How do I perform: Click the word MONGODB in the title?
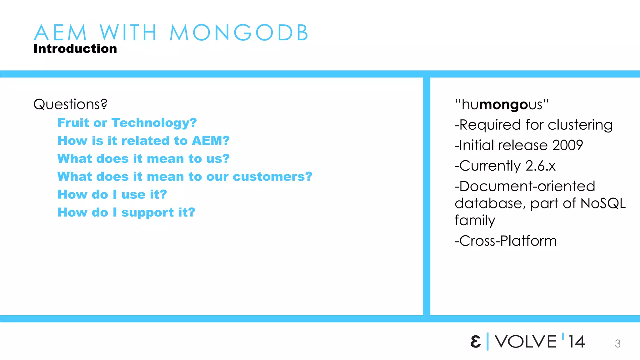[x=239, y=32]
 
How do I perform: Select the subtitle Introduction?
[x=75, y=49]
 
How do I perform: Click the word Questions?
[x=70, y=104]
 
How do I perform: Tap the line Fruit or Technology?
[x=127, y=123]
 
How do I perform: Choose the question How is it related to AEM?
[x=143, y=141]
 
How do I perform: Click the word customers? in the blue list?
[x=272, y=177]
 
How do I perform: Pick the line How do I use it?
[x=112, y=194]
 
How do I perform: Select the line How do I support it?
[x=126, y=212]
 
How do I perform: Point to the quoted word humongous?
[x=502, y=105]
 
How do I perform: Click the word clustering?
[x=580, y=125]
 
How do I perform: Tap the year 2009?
[x=567, y=145]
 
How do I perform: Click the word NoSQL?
[x=603, y=203]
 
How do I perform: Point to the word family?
[x=475, y=221]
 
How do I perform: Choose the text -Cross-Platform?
[x=505, y=241]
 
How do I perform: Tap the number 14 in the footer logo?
[x=576, y=342]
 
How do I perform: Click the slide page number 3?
[x=617, y=344]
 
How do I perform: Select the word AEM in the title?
[x=60, y=32]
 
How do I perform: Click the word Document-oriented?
[x=527, y=186]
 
